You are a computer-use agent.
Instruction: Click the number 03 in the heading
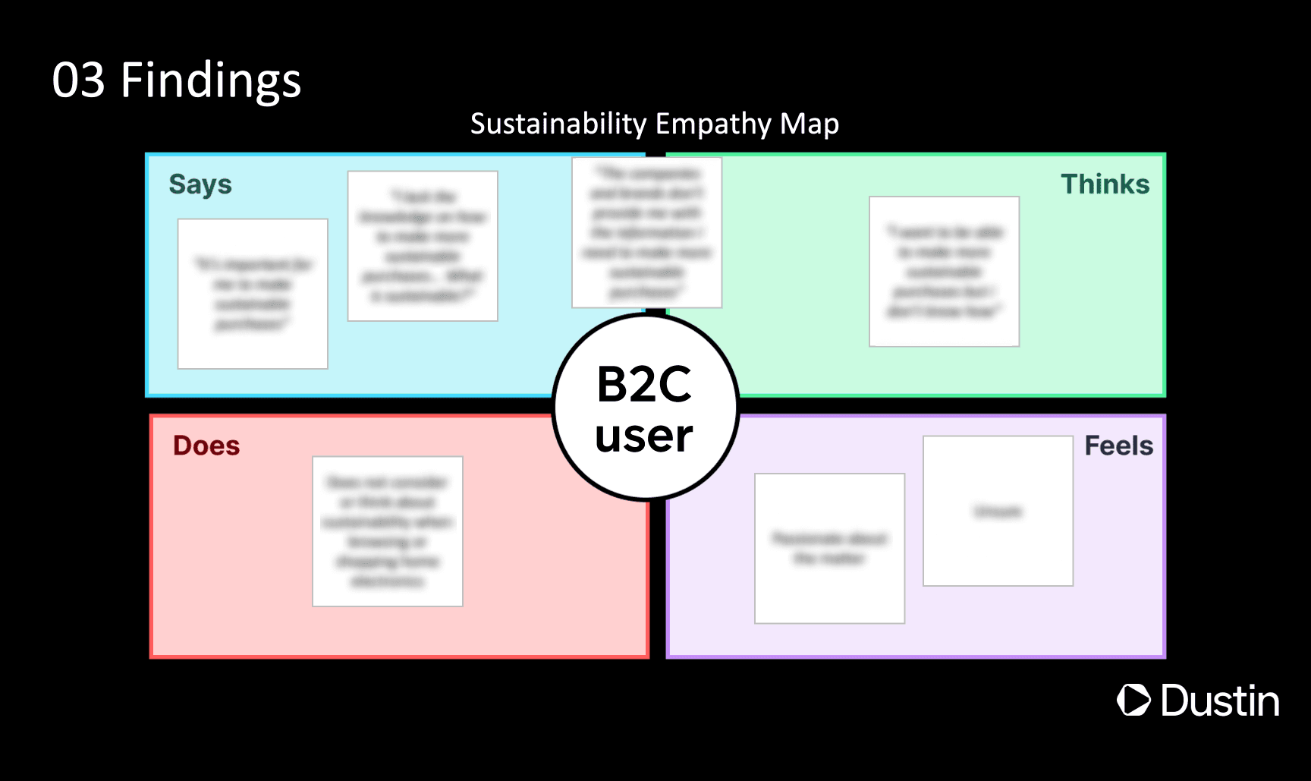pyautogui.click(x=78, y=80)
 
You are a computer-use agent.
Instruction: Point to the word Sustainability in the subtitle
pyautogui.click(x=558, y=124)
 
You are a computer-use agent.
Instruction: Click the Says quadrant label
pyautogui.click(x=200, y=184)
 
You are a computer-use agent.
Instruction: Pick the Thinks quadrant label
pyautogui.click(x=1105, y=184)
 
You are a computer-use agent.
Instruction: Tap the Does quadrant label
pyautogui.click(x=206, y=446)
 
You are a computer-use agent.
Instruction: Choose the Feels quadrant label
pyautogui.click(x=1118, y=446)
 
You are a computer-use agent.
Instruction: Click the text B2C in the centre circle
pyautogui.click(x=644, y=384)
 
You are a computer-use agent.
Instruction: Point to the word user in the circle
pyautogui.click(x=644, y=436)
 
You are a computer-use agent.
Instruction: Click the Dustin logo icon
pyautogui.click(x=1133, y=700)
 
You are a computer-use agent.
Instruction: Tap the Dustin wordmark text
pyautogui.click(x=1220, y=700)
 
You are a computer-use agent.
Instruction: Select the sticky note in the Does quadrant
pyautogui.click(x=388, y=531)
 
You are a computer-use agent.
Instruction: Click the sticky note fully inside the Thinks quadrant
pyautogui.click(x=944, y=272)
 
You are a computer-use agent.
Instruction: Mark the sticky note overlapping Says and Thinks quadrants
pyautogui.click(x=646, y=232)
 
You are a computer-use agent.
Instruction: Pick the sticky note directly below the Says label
pyautogui.click(x=253, y=294)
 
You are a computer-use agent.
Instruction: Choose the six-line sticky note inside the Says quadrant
pyautogui.click(x=423, y=246)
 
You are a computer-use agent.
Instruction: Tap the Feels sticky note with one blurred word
pyautogui.click(x=998, y=511)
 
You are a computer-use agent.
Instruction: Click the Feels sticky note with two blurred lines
pyautogui.click(x=829, y=548)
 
